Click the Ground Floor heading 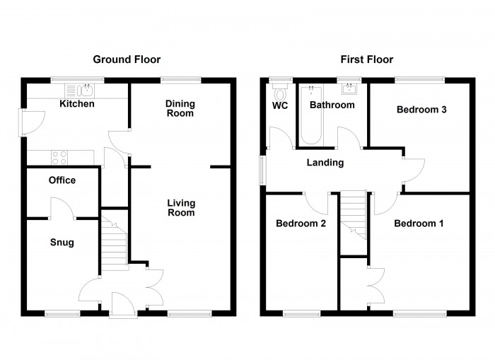[x=127, y=59]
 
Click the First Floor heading [x=366, y=59]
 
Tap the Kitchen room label [x=76, y=104]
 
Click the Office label [x=62, y=180]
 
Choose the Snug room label [x=62, y=243]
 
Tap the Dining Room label [x=180, y=108]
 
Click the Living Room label [x=181, y=208]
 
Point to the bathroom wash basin [x=349, y=89]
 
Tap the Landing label [x=325, y=163]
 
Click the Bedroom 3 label [x=421, y=110]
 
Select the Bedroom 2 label [x=301, y=223]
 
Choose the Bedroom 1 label [x=419, y=223]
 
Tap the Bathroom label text [x=332, y=105]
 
